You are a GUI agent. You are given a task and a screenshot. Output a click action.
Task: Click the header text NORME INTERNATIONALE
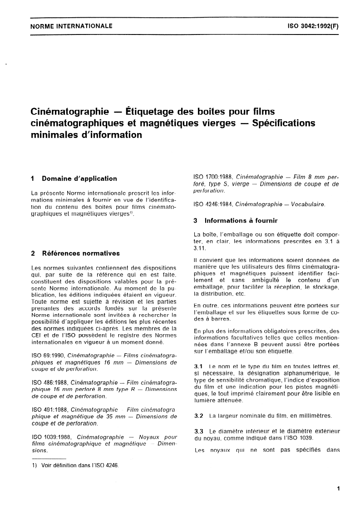click(x=71, y=26)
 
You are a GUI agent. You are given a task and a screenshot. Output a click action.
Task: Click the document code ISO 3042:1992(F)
click(x=313, y=26)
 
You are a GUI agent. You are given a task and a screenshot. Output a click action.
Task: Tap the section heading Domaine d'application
click(x=79, y=178)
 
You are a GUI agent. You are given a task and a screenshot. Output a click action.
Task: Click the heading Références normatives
click(x=81, y=253)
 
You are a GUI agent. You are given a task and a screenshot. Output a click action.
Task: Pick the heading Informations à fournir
click(x=241, y=221)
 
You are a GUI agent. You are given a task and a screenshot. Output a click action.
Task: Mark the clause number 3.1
click(x=198, y=366)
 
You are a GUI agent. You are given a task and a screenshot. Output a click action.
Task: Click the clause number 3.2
click(x=198, y=415)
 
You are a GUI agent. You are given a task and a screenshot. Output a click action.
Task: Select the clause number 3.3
click(x=198, y=431)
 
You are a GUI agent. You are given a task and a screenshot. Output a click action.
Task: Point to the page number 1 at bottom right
click(x=338, y=489)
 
